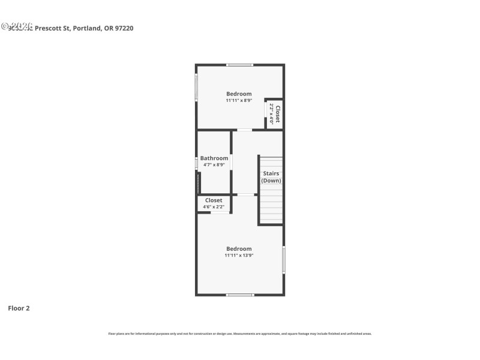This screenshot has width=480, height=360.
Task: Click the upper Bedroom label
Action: click(x=239, y=94)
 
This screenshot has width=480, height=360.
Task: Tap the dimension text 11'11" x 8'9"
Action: click(x=239, y=101)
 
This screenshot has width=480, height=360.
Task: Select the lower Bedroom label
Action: click(x=239, y=248)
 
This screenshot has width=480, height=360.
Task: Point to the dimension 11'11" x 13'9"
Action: click(x=239, y=256)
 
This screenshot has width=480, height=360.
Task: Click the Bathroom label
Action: click(x=214, y=158)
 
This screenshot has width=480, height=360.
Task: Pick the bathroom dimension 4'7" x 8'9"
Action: click(x=214, y=165)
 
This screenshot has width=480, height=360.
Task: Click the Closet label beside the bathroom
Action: click(x=214, y=200)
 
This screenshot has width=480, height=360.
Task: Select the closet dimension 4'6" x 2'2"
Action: click(x=214, y=207)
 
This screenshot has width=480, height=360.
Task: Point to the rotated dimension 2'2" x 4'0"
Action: click(x=271, y=114)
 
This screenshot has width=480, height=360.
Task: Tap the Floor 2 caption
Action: click(x=19, y=308)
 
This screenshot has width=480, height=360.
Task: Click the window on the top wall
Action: click(x=239, y=65)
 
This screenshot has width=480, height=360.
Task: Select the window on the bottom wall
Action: click(x=239, y=295)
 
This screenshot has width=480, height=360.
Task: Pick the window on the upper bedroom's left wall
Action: click(x=196, y=88)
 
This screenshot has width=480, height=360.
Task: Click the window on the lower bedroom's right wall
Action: click(x=284, y=260)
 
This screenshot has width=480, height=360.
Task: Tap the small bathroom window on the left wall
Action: click(x=196, y=163)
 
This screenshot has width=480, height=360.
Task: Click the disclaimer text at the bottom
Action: click(x=239, y=334)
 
